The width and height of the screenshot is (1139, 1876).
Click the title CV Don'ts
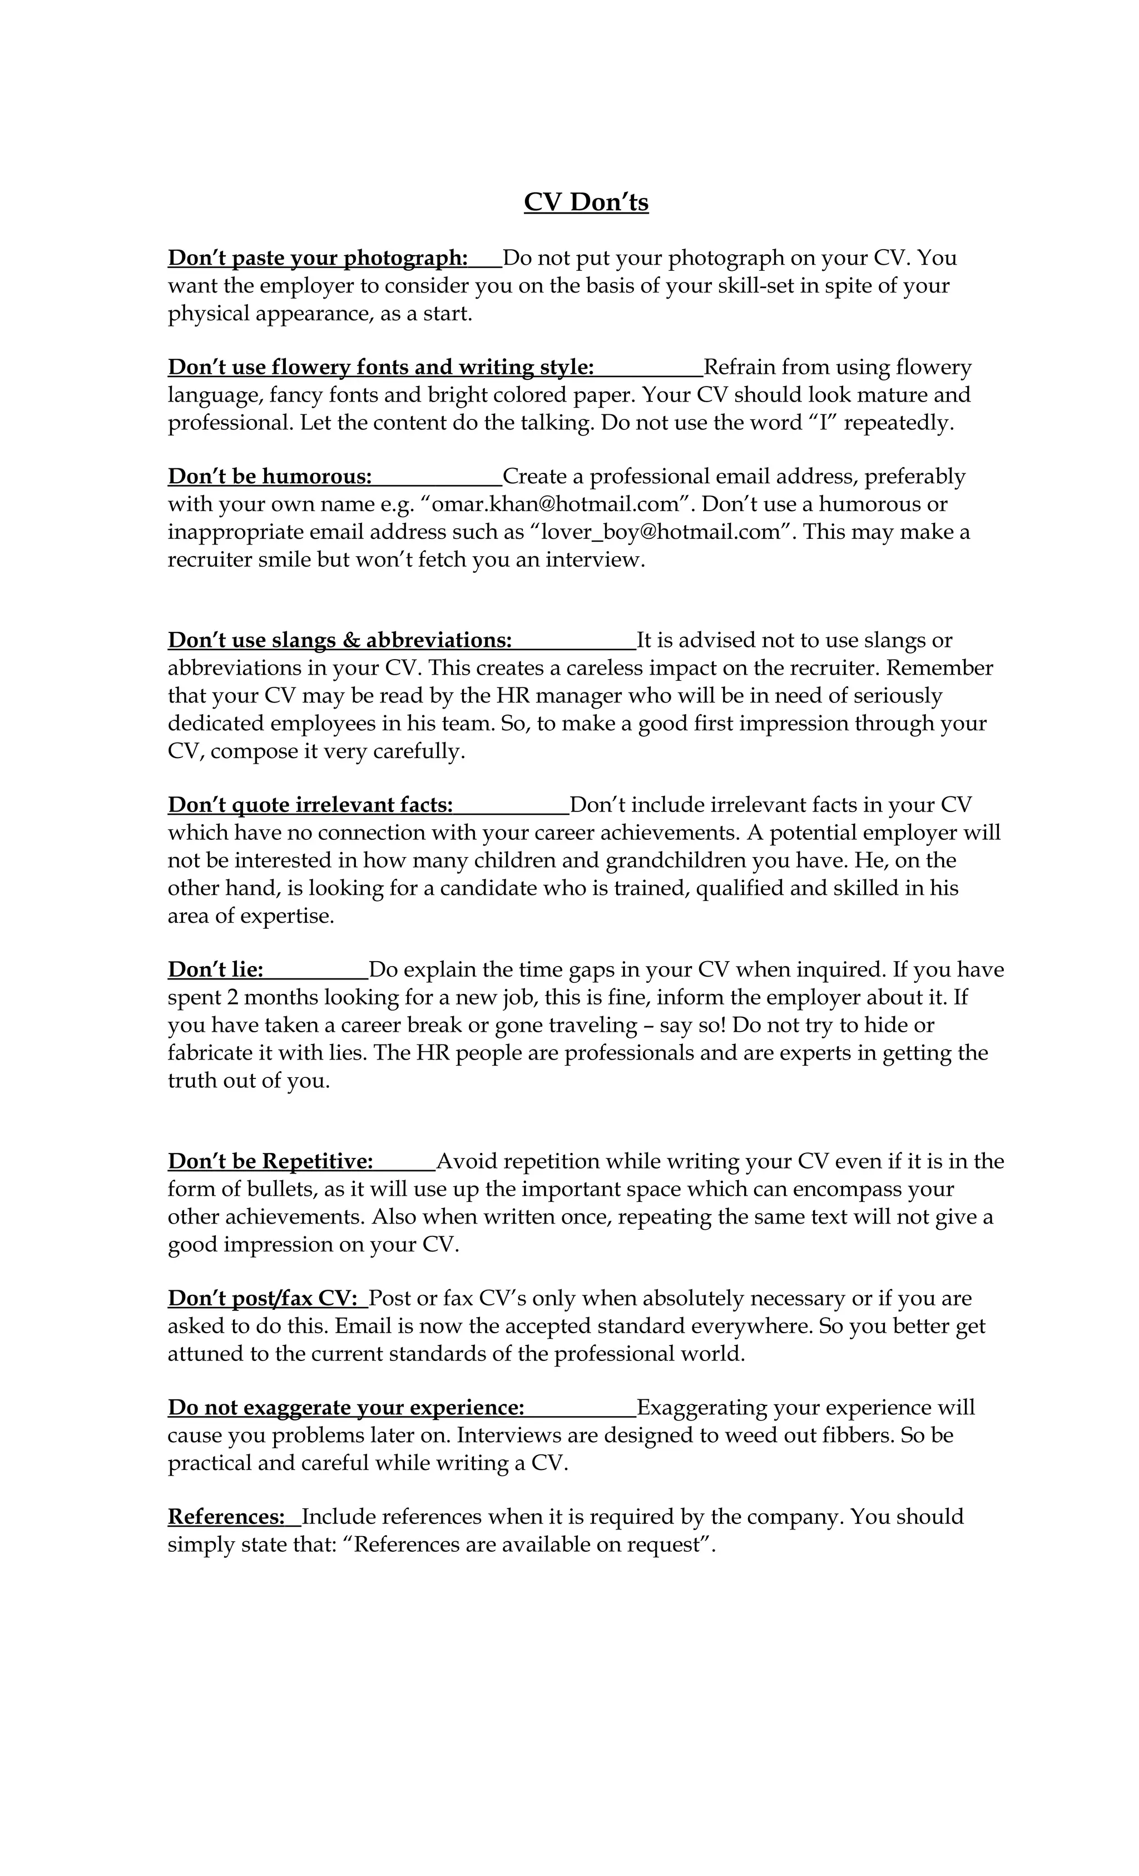(x=586, y=202)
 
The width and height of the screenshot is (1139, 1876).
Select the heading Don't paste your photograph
(x=318, y=258)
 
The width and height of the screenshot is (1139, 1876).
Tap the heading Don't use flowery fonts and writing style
(x=380, y=367)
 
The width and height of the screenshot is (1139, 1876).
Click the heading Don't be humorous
(x=270, y=477)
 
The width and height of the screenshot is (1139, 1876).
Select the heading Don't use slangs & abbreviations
(x=340, y=640)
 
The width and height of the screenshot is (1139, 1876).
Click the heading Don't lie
(x=215, y=970)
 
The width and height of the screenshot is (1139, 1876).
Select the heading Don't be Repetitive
(x=270, y=1161)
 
